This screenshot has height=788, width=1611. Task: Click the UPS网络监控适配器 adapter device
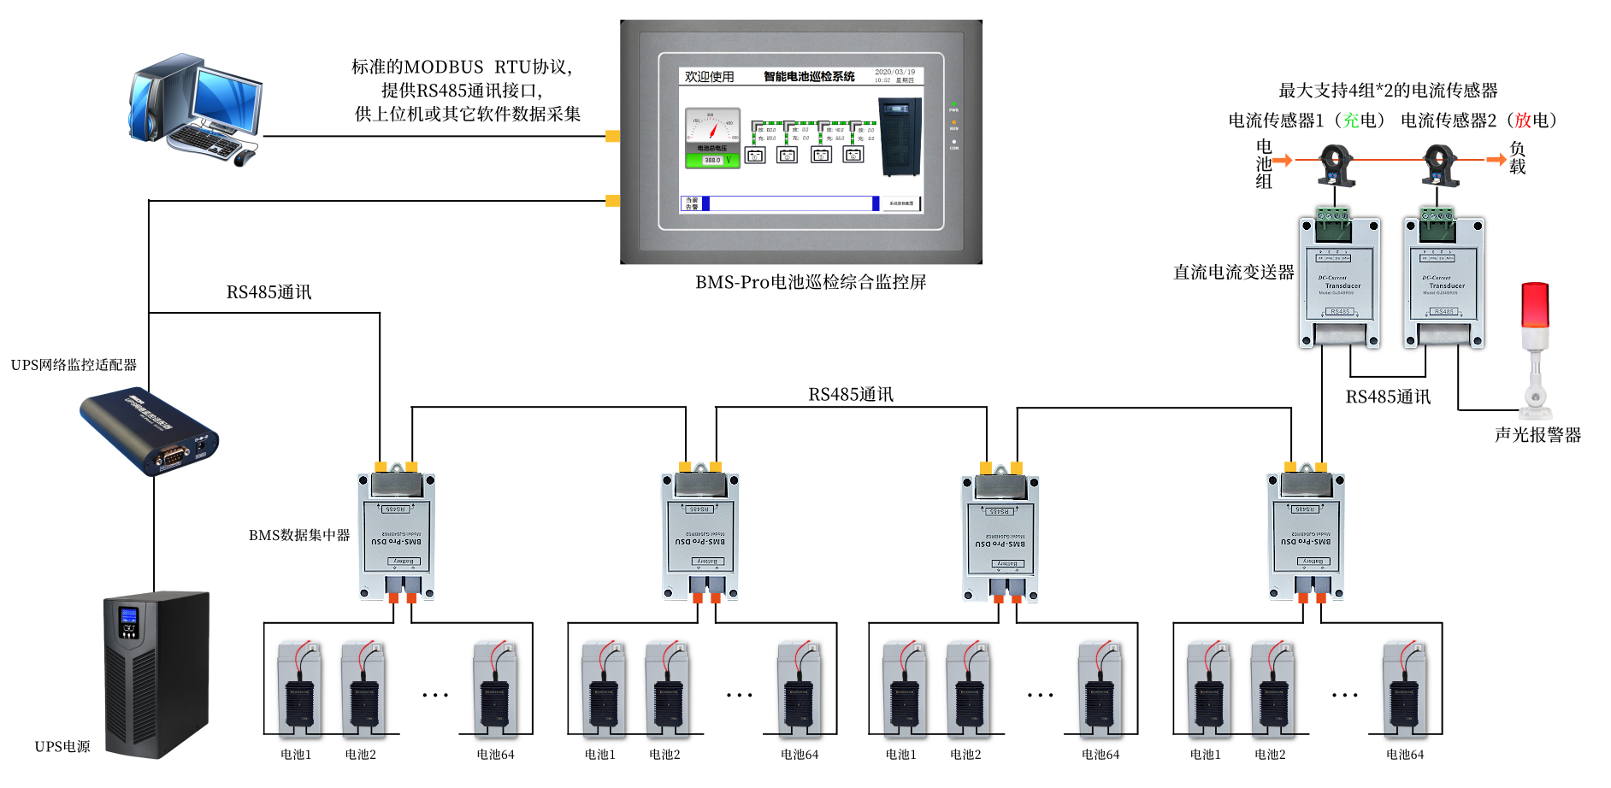(x=150, y=432)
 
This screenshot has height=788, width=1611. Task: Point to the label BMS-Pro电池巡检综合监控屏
(x=811, y=282)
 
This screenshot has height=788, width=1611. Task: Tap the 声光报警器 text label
(x=1537, y=435)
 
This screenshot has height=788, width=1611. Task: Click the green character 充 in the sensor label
(x=1351, y=121)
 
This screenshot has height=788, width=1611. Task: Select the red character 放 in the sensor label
(x=1523, y=121)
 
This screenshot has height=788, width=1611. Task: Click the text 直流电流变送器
(x=1233, y=273)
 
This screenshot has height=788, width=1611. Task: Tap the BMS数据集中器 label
(x=299, y=535)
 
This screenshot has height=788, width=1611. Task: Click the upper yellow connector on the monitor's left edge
(x=612, y=136)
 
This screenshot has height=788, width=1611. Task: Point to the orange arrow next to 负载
(x=1496, y=160)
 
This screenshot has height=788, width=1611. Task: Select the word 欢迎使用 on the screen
(x=709, y=77)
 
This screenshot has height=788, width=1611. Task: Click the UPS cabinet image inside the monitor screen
(x=900, y=137)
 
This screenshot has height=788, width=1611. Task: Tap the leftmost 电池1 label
(x=296, y=755)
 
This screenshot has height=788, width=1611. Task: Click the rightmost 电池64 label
(x=1405, y=755)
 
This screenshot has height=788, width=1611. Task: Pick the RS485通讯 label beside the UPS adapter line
(x=268, y=292)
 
